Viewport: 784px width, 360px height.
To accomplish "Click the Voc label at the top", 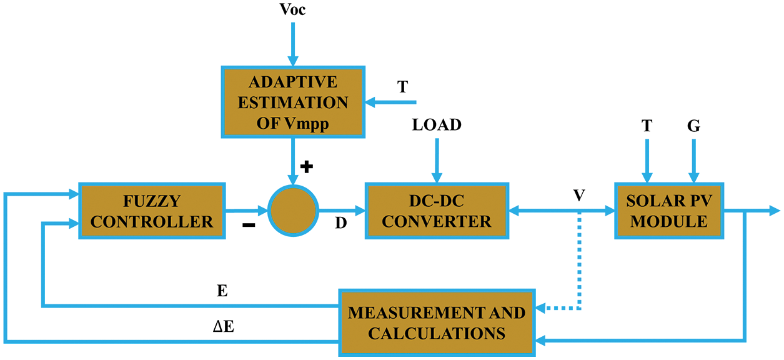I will [292, 10].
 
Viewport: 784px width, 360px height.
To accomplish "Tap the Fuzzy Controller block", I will [152, 211].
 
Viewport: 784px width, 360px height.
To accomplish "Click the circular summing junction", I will [293, 211].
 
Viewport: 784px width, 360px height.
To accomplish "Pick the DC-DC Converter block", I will [437, 211].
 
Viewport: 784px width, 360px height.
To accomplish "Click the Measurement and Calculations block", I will [437, 322].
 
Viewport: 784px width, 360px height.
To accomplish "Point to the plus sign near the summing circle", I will [306, 167].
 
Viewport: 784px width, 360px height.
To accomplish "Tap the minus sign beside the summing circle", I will [249, 226].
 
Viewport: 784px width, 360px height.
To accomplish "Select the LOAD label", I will [437, 125].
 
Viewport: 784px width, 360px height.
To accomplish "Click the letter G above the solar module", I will [693, 126].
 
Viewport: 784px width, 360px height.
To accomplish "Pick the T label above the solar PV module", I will [647, 126].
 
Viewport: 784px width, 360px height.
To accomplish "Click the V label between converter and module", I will [579, 196].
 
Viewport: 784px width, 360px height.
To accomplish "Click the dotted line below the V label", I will [580, 262].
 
